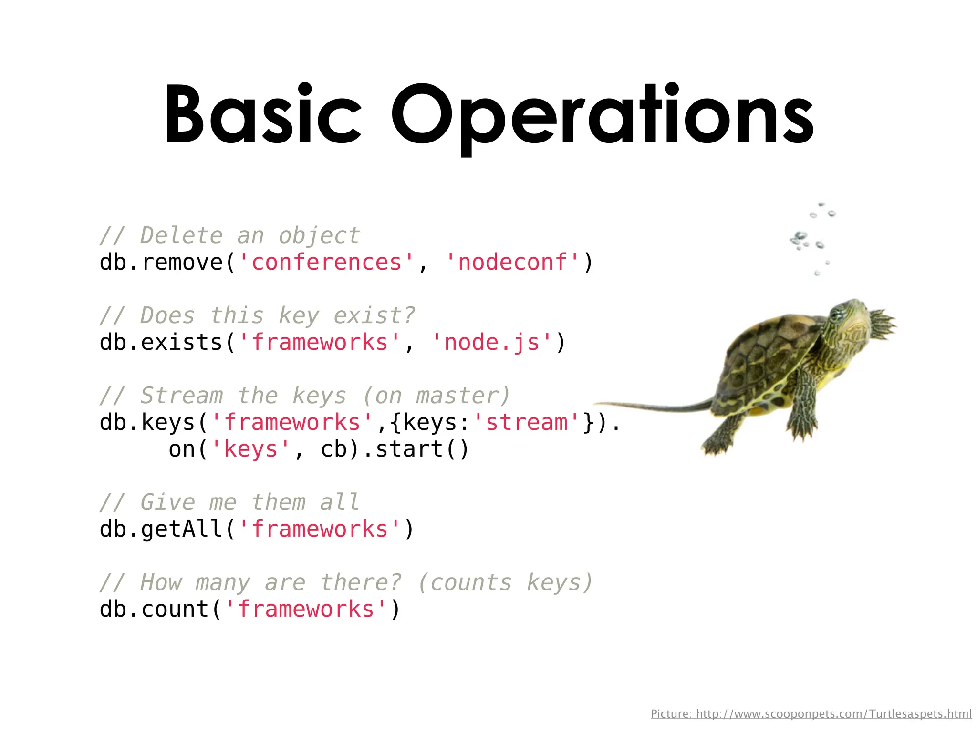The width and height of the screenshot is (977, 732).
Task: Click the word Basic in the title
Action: (x=262, y=114)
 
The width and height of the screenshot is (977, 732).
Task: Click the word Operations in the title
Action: (x=602, y=117)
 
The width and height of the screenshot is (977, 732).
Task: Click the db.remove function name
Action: (x=161, y=263)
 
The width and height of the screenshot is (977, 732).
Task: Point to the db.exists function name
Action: (x=161, y=343)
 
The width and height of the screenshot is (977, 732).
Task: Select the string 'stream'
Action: (x=533, y=423)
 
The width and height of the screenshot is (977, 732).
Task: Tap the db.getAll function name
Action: (x=161, y=529)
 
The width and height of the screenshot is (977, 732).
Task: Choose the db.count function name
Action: (x=154, y=610)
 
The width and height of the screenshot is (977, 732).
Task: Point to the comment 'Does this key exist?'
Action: (x=258, y=315)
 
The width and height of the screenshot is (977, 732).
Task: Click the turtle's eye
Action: (x=836, y=314)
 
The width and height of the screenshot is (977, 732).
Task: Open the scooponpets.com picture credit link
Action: (x=811, y=714)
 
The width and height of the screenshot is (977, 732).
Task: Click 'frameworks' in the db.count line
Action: (x=306, y=610)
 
